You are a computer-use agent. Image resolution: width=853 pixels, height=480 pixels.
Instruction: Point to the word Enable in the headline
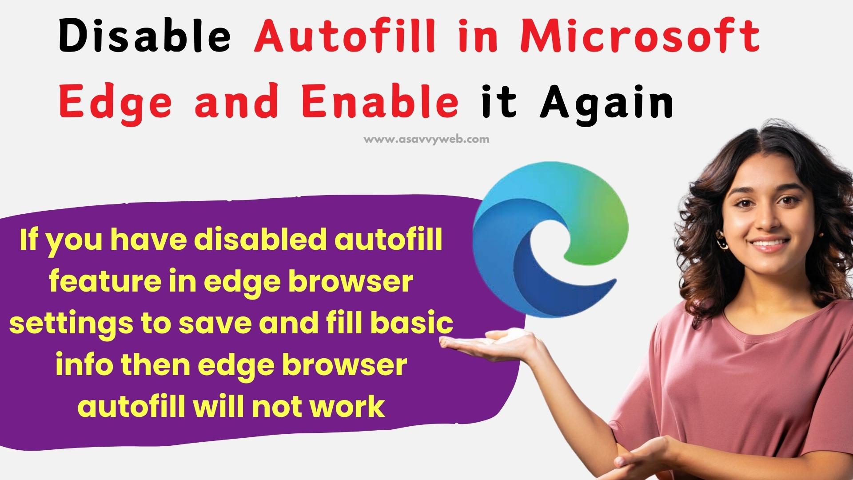tap(380, 102)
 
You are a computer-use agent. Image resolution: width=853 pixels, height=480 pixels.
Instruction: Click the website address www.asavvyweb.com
tap(426, 139)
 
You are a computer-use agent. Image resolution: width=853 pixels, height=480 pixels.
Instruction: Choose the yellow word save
tap(215, 324)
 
